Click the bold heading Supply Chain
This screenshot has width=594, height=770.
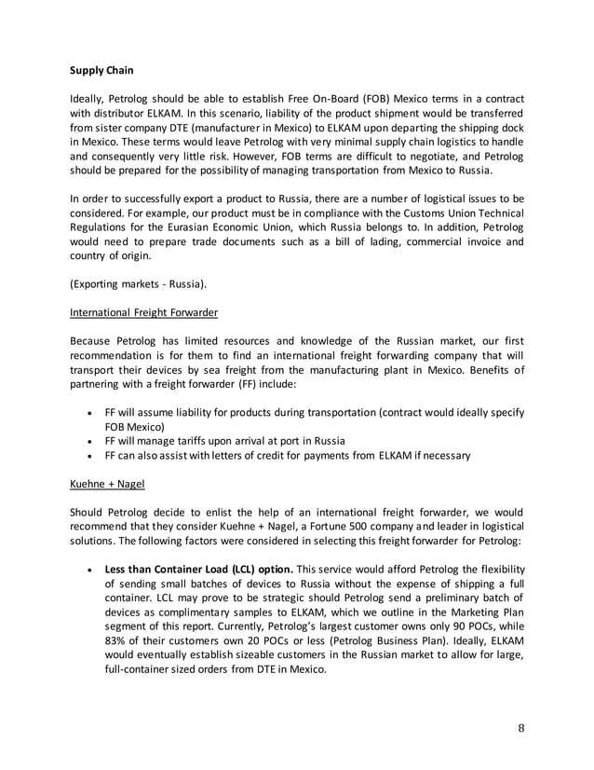tap(104, 69)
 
